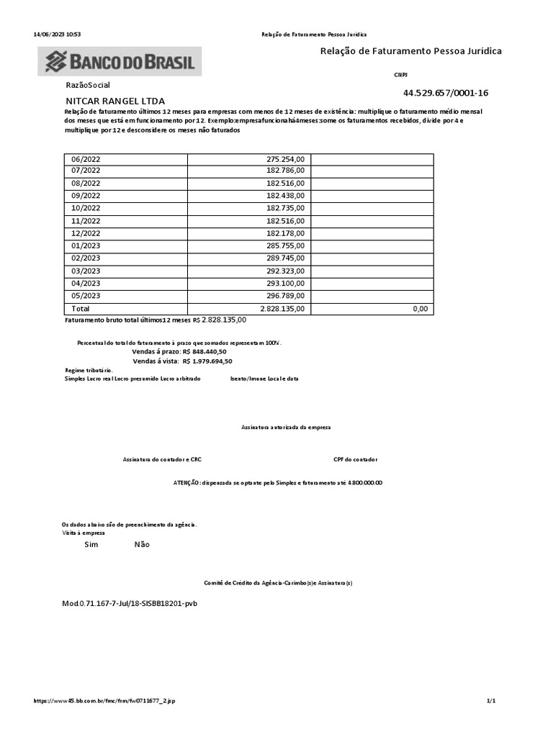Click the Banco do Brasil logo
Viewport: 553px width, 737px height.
[x=120, y=61]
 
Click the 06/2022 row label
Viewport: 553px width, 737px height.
[x=86, y=159]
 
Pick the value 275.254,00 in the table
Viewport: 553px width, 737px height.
[x=286, y=159]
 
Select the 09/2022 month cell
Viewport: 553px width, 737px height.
[x=86, y=196]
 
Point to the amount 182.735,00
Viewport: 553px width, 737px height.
[x=286, y=209]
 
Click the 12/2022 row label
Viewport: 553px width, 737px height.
[x=86, y=233]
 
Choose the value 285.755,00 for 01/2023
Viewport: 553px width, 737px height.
[x=286, y=245]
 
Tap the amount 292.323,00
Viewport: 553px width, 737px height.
[x=286, y=271]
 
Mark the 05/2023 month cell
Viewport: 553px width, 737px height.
[x=86, y=295]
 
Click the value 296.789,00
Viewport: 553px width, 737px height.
[x=286, y=295]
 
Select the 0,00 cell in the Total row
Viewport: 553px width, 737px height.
[x=420, y=308]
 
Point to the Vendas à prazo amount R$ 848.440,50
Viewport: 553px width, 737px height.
[x=204, y=351]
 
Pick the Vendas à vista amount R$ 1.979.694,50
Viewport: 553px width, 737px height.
[x=207, y=361]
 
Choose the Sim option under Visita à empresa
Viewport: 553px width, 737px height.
[x=91, y=545]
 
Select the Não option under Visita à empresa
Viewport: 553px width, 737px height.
[x=142, y=545]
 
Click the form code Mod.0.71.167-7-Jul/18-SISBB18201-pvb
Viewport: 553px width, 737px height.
[x=130, y=602]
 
